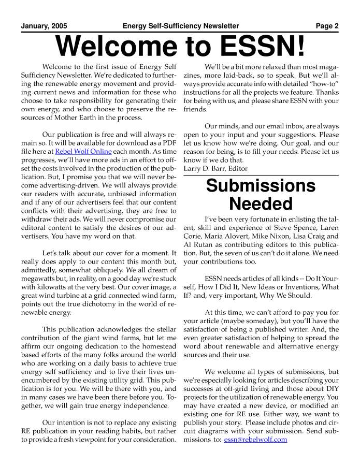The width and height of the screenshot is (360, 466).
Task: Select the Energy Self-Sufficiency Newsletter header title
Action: [181, 26]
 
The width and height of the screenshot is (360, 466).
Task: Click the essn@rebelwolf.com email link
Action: [255, 440]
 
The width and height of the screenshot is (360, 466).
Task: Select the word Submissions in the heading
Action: [261, 186]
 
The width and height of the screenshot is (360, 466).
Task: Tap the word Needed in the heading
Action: [261, 204]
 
